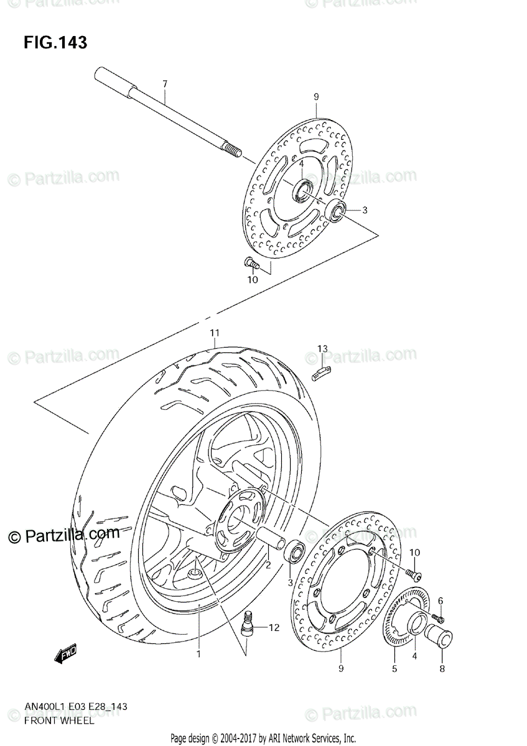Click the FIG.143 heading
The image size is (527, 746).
[x=55, y=43]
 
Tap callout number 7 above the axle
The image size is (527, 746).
[x=165, y=84]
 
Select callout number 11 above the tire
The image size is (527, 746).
[x=214, y=333]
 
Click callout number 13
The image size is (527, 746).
[x=322, y=349]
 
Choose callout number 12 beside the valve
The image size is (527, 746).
[x=274, y=628]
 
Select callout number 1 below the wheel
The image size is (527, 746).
[x=198, y=654]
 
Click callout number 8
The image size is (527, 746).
[x=442, y=670]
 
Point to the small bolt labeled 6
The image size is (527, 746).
[x=440, y=618]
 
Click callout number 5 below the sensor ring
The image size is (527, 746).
[x=394, y=669]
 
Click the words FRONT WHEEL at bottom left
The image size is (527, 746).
[x=60, y=721]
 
